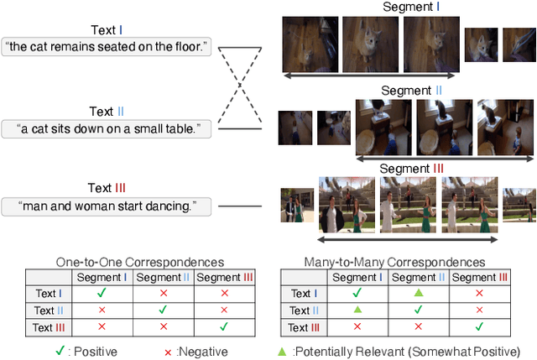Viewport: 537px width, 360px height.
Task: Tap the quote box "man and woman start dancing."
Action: [107, 205]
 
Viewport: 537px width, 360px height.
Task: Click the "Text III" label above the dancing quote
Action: [107, 188]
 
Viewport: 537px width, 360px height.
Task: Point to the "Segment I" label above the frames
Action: [411, 8]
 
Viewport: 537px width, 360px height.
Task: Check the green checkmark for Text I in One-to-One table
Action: [102, 294]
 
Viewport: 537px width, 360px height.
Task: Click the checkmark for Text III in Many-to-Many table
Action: [479, 327]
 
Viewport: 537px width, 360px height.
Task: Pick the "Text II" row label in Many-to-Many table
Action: [305, 310]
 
